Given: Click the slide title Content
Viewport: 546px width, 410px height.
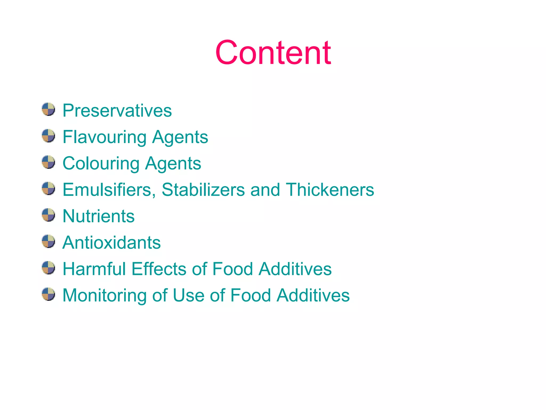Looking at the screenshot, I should (273, 53).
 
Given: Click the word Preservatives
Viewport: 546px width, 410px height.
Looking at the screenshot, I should (117, 111).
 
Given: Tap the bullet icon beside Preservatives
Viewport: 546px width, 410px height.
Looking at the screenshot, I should (49, 109).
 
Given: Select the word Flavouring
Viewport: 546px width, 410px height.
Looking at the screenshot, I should (104, 137).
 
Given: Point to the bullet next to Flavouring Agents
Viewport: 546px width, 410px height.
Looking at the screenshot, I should (49, 136).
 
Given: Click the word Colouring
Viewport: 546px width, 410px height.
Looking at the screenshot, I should (101, 163).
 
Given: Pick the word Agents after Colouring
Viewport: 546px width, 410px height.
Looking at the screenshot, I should (173, 163).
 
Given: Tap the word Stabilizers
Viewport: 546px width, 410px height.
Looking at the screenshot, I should (203, 190).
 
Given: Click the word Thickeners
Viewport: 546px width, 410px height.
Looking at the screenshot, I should (330, 190).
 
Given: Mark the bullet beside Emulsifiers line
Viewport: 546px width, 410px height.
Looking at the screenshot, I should (49, 188).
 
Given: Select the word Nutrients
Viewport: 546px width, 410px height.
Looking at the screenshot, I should (98, 216).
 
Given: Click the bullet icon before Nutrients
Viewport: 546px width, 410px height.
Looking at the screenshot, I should (49, 215).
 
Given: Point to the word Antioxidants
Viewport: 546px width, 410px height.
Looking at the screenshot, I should (111, 243).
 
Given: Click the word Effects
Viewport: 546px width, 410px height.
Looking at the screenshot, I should (159, 269).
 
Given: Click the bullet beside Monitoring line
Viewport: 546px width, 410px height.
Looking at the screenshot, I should (49, 294).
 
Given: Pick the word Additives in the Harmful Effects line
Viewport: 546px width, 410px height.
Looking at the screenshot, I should (295, 269).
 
